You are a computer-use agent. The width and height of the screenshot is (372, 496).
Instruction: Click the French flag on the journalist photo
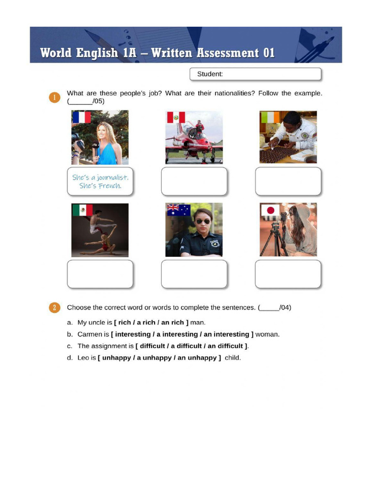point(81,117)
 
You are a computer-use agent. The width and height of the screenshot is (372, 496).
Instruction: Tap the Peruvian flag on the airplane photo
point(176,117)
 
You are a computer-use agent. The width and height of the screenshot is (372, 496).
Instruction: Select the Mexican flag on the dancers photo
point(82,210)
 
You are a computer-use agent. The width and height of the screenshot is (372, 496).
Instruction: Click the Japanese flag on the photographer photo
point(270,210)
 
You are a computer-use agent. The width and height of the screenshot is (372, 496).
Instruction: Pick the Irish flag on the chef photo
point(270,117)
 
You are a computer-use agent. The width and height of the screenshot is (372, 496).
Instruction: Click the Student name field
point(255,74)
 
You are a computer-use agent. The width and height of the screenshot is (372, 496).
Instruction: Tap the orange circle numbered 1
point(54,97)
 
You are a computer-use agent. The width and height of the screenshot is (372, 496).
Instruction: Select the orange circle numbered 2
point(54,308)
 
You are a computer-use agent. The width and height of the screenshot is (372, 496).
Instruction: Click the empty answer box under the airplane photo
point(194,181)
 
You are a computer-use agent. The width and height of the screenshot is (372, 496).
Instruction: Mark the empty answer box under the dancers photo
point(100,274)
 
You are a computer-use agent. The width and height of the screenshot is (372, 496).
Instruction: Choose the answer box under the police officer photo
point(194,274)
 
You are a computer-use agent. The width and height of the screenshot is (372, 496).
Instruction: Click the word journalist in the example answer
point(112,177)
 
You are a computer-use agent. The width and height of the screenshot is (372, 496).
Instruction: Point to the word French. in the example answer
point(110,186)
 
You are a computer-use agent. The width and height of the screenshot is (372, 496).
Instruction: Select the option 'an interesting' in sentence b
point(227,334)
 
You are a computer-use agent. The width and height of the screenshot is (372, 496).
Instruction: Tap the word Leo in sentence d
point(83,358)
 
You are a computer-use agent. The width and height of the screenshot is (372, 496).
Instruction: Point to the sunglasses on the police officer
point(203,221)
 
